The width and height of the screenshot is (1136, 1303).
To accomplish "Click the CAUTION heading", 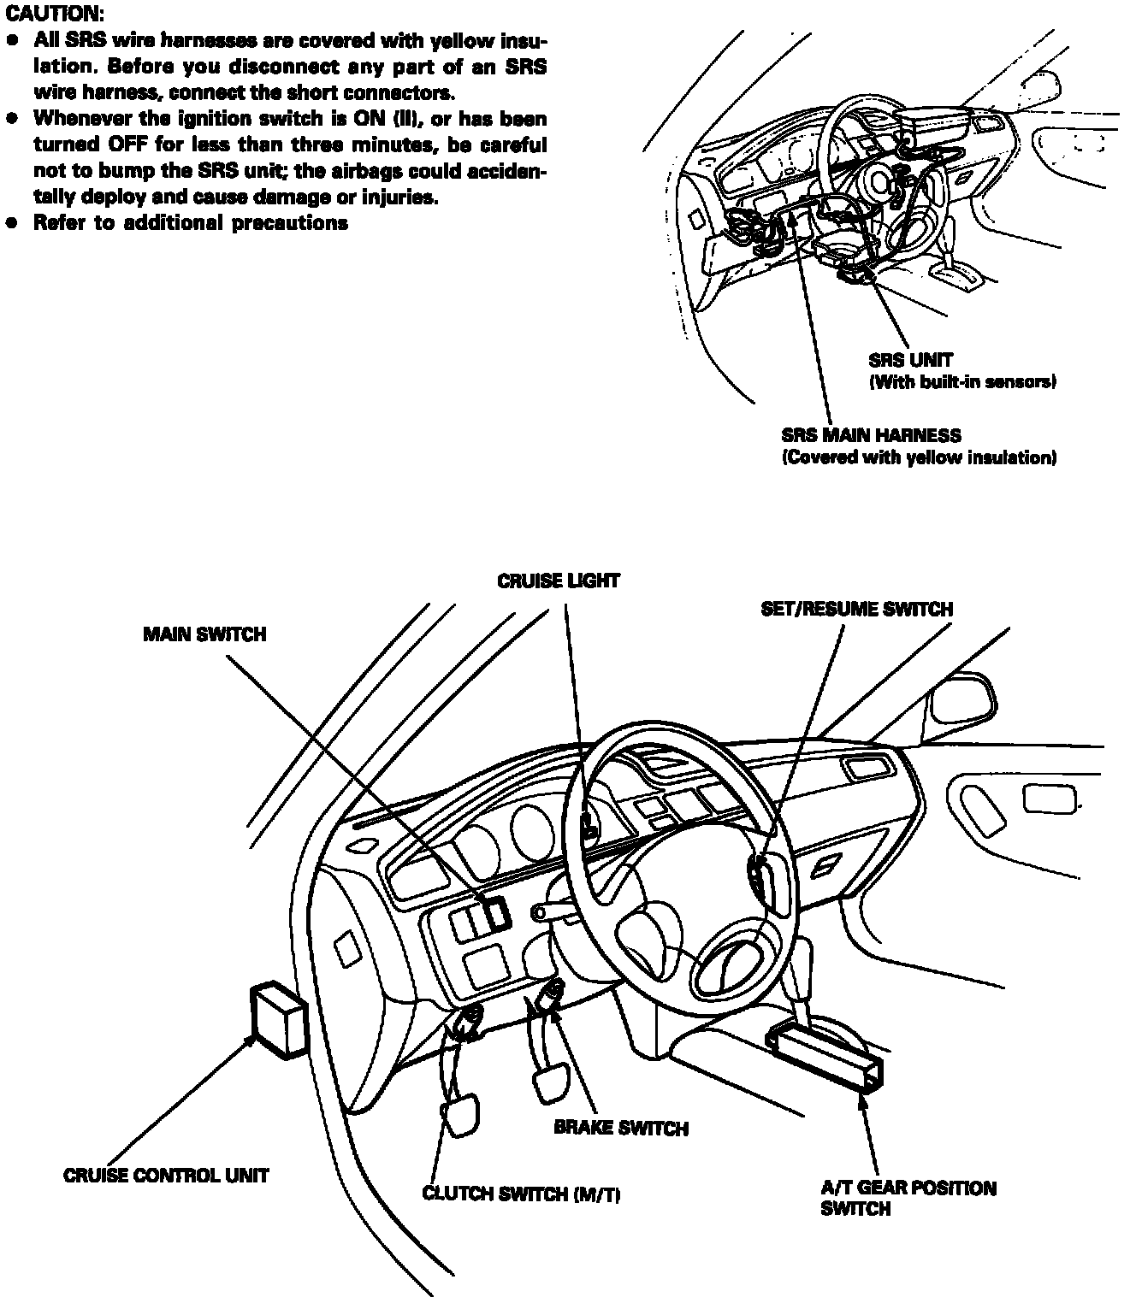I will [x=54, y=15].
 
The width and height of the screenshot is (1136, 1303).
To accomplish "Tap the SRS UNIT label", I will [x=910, y=361].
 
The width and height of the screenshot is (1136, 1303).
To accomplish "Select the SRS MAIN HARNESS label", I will [x=871, y=436].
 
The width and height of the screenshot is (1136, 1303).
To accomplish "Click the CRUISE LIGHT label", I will [x=559, y=581].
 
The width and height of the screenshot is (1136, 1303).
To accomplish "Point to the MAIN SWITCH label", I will [x=204, y=634].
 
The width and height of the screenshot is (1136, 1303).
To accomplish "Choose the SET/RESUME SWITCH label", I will [x=856, y=610].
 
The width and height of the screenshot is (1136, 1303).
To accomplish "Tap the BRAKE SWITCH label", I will [x=621, y=1128].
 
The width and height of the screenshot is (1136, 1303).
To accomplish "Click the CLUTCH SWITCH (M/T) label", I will [x=521, y=1194].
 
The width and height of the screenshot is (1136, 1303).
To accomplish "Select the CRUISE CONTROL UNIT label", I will [x=166, y=1176].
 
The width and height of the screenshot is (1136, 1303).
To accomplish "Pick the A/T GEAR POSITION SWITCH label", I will [x=908, y=1198].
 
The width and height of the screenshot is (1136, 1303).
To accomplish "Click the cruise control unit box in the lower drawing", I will [x=276, y=1017].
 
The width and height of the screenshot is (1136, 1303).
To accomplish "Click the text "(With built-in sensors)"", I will [x=962, y=382].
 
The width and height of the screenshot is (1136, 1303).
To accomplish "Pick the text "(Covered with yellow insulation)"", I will [x=919, y=457].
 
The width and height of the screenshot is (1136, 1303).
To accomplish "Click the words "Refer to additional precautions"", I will [x=191, y=223].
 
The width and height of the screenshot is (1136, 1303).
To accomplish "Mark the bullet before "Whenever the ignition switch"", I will [x=12, y=119].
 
